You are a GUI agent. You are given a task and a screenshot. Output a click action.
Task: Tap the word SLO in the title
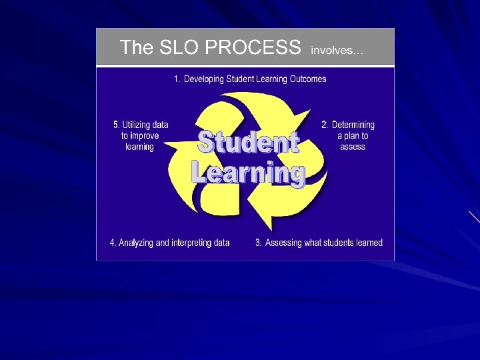pyautogui.click(x=180, y=47)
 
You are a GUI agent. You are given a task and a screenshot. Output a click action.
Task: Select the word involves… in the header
pyautogui.click(x=337, y=50)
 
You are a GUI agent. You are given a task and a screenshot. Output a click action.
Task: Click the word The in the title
pyautogui.click(x=137, y=47)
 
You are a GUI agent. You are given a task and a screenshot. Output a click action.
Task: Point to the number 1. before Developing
pyautogui.click(x=177, y=79)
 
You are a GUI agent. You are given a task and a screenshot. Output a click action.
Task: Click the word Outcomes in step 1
pyautogui.click(x=308, y=79)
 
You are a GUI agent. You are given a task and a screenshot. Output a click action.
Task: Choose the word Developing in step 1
pyautogui.click(x=204, y=79)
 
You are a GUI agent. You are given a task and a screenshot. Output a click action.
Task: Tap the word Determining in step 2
pyautogui.click(x=353, y=125)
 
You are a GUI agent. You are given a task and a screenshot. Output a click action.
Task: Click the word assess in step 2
pyautogui.click(x=353, y=147)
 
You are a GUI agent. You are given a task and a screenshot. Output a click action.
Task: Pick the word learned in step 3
pyautogui.click(x=369, y=243)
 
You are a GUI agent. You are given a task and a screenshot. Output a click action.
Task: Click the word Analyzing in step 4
pyautogui.click(x=136, y=243)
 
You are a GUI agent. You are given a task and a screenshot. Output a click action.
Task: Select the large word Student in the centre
pyautogui.click(x=248, y=143)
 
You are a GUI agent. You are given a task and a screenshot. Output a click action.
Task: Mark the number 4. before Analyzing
pyautogui.click(x=113, y=243)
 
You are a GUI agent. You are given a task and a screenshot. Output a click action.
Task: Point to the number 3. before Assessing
pyautogui.click(x=259, y=243)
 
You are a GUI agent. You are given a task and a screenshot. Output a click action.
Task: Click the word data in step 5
pyautogui.click(x=160, y=125)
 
